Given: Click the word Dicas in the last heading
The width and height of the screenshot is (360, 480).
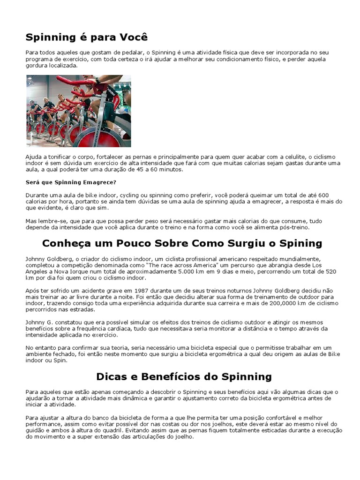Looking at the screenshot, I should [x=112, y=376].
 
